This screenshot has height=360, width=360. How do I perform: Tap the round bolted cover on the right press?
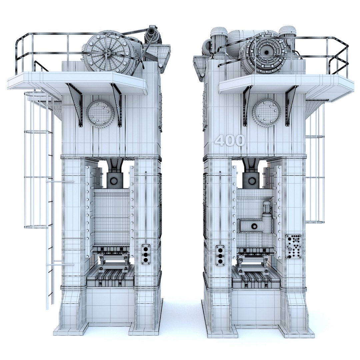point(266,113)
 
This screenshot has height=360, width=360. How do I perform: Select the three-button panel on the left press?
point(146,254)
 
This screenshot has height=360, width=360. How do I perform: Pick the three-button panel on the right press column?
point(220,255)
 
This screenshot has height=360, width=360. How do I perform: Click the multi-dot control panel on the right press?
point(293,246)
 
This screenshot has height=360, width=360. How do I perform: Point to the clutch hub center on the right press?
point(266,53)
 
